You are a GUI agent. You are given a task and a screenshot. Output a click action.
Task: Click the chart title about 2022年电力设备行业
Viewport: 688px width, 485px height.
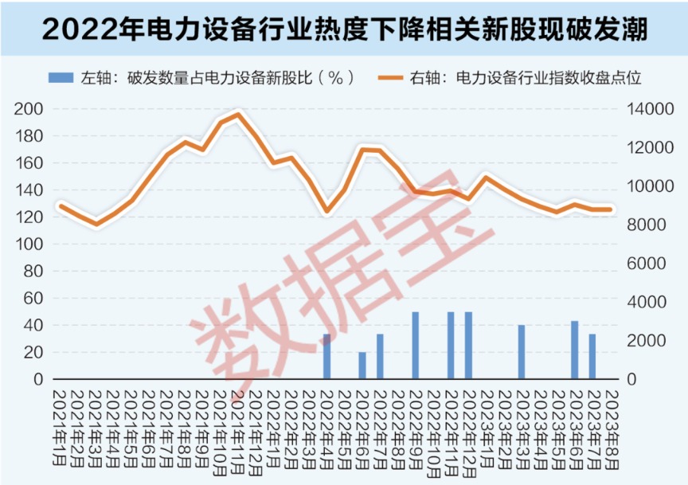(x=344, y=29)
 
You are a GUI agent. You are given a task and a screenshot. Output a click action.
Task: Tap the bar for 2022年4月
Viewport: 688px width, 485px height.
(x=326, y=357)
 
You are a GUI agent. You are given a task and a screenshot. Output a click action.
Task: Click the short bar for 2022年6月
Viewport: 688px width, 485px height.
(x=362, y=366)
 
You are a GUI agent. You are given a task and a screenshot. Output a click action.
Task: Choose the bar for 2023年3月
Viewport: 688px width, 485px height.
(x=522, y=352)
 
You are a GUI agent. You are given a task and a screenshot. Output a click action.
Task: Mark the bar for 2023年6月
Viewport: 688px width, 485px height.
(x=574, y=350)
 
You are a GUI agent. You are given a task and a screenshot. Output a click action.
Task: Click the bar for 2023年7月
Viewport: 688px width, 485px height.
(x=592, y=357)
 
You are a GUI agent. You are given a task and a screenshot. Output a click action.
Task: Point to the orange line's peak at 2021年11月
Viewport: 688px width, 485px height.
(x=238, y=115)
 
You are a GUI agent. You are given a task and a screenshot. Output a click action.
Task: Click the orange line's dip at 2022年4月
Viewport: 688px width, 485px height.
(x=326, y=212)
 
